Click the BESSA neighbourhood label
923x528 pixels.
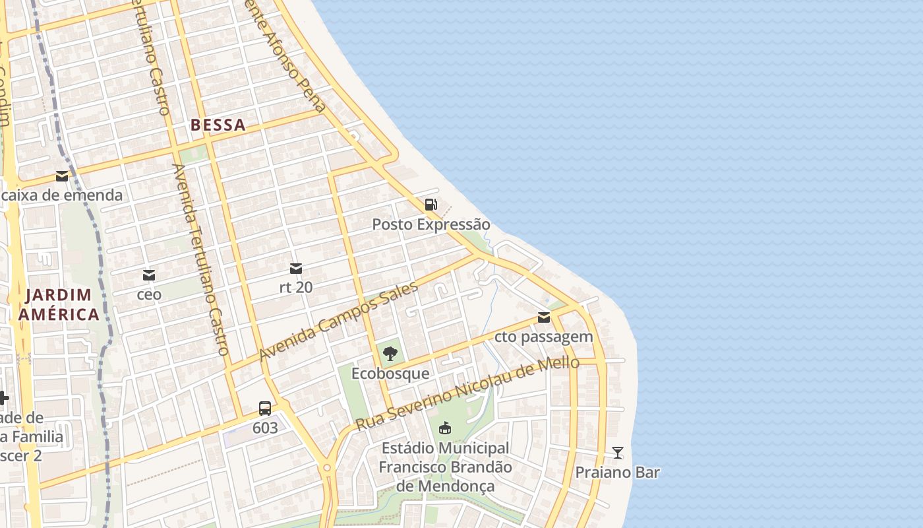click(x=218, y=125)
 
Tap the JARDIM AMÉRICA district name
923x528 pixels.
click(x=59, y=304)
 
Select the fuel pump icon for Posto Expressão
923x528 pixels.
click(x=431, y=205)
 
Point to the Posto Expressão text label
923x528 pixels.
click(x=431, y=224)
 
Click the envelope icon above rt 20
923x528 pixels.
click(x=296, y=269)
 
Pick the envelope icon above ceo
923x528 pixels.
click(x=149, y=275)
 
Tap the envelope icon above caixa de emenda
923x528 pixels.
click(x=62, y=176)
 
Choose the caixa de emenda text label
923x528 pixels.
click(x=62, y=195)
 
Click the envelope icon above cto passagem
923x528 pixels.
click(x=544, y=317)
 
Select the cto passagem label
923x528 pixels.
click(x=544, y=337)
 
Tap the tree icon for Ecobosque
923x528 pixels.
click(x=390, y=354)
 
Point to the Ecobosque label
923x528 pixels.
click(x=390, y=374)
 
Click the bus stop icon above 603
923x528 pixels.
click(x=265, y=408)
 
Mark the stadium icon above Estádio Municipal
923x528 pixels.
click(x=446, y=428)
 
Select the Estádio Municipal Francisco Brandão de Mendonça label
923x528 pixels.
click(x=446, y=467)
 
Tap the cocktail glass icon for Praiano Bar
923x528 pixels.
click(x=618, y=453)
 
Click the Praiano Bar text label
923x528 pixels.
click(x=618, y=473)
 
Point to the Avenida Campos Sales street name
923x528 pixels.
click(x=339, y=321)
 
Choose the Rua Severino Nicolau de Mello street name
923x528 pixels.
click(x=467, y=394)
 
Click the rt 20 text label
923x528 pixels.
click(x=296, y=288)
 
